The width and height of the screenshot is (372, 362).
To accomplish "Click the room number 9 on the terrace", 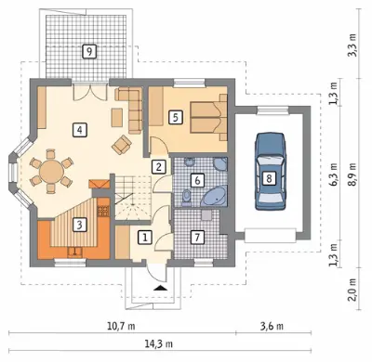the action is (89, 52).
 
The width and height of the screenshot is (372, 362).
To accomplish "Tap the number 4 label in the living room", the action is (80, 130).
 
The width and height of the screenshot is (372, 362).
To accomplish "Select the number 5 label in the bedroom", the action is (176, 118).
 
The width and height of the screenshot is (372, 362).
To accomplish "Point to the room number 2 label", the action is (159, 167).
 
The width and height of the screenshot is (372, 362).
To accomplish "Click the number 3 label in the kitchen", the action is (80, 225).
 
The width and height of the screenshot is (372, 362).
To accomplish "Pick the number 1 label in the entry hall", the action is (145, 238).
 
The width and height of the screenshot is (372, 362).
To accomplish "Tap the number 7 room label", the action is (197, 238).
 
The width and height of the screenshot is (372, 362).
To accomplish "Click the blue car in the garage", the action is (270, 172).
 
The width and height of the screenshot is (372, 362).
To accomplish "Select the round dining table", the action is (51, 171).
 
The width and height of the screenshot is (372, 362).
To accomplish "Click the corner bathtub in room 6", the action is (215, 196).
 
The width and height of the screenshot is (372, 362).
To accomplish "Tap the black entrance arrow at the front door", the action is (161, 288).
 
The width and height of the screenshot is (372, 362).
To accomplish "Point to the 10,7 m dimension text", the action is (121, 326).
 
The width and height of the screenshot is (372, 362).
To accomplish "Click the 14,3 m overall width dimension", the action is (159, 343).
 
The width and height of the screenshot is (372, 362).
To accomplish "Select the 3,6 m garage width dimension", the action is (272, 326).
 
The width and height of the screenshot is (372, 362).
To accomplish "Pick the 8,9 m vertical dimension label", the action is (352, 174).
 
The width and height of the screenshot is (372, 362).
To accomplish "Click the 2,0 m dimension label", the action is (352, 290).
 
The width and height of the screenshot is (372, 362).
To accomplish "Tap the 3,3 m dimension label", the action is (352, 45).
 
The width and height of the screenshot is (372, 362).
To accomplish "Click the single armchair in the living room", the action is (122, 145).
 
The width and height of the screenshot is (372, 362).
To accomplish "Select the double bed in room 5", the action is (208, 117).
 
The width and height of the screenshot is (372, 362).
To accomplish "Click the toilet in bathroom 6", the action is (186, 197).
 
